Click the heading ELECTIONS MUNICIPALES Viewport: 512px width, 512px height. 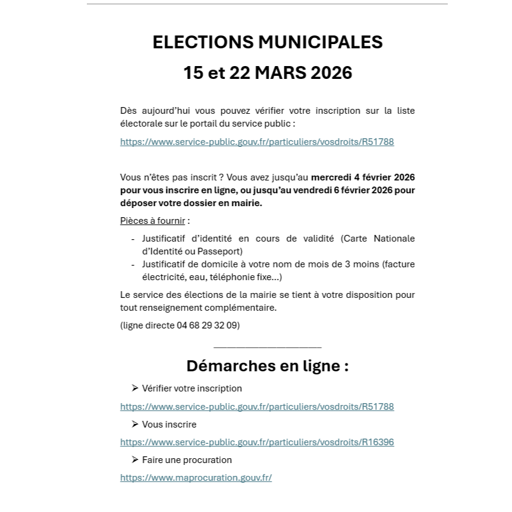[267, 42]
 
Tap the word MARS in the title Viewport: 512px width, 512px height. [281, 73]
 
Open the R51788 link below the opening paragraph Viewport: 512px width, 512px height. [257, 142]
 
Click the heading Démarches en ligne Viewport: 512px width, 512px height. [267, 366]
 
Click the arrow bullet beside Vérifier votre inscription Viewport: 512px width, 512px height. [135, 388]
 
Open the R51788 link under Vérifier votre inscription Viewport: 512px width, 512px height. [257, 406]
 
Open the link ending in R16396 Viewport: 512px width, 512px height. [257, 442]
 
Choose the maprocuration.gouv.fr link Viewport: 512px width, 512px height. [196, 478]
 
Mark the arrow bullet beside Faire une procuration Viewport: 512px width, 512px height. [135, 459]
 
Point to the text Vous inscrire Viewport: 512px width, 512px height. [169, 424]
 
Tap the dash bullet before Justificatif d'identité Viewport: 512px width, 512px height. [133, 239]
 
